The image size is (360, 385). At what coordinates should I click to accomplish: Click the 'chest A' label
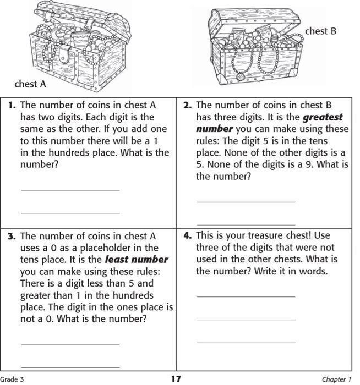pos(30,84)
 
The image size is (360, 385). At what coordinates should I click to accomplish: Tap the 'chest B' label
pos(320,31)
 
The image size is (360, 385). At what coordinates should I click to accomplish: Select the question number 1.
pos(12,105)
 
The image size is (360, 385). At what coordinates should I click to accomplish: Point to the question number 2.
pos(187,105)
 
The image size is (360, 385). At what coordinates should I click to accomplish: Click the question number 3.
pos(12,236)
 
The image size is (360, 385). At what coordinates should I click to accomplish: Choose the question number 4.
pos(187,235)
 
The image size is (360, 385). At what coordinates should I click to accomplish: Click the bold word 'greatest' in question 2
pos(323,117)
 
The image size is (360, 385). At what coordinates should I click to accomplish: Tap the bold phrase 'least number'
pos(137,260)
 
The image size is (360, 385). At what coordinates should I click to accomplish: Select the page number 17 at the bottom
pos(176,378)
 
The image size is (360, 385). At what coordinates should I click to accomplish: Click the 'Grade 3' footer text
pos(12,379)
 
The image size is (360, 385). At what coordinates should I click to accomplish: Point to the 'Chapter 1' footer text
pos(336,379)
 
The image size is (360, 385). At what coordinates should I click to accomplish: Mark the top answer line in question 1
pos(70,190)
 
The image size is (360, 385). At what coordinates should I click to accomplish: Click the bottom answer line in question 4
pos(246,342)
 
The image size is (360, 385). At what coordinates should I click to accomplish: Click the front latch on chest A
pos(65,54)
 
